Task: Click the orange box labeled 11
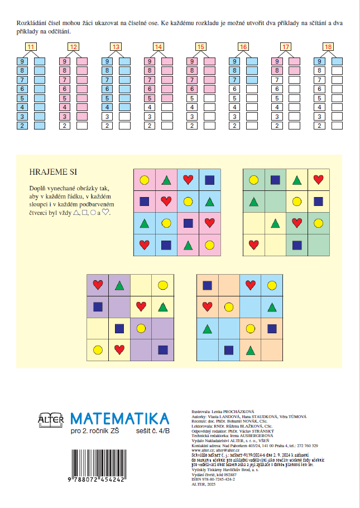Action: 31,47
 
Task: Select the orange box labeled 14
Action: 158,47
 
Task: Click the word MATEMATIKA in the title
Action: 120,419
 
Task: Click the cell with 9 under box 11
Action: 22,61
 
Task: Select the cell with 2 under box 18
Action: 319,125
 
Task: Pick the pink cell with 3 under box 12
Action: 65,116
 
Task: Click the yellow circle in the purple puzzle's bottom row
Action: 98,350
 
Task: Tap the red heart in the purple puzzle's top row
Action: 98,285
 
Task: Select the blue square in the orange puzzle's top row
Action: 208,285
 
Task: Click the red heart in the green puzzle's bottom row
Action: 253,244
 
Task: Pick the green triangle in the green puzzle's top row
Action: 297,180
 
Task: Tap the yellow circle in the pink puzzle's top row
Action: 145,180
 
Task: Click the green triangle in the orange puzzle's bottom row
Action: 251,350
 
